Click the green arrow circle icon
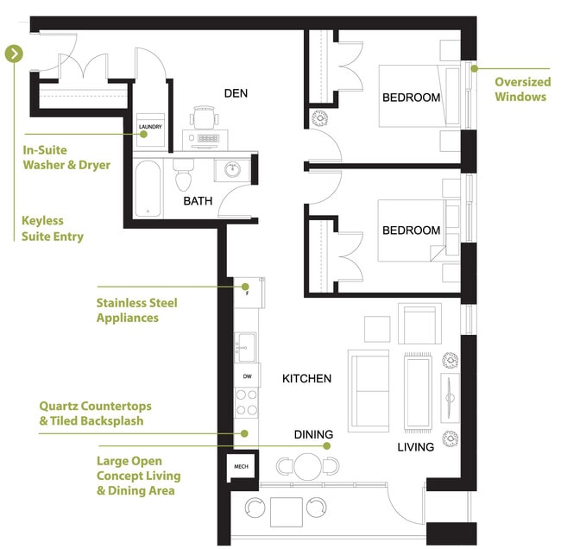click(14, 54)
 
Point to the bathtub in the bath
click(148, 188)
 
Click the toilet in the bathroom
click(182, 175)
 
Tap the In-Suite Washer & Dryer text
click(66, 157)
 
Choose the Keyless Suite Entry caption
click(54, 227)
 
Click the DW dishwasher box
click(247, 376)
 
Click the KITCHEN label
click(306, 378)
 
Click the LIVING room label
click(416, 447)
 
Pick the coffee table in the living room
click(419, 393)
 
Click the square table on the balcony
click(286, 511)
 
